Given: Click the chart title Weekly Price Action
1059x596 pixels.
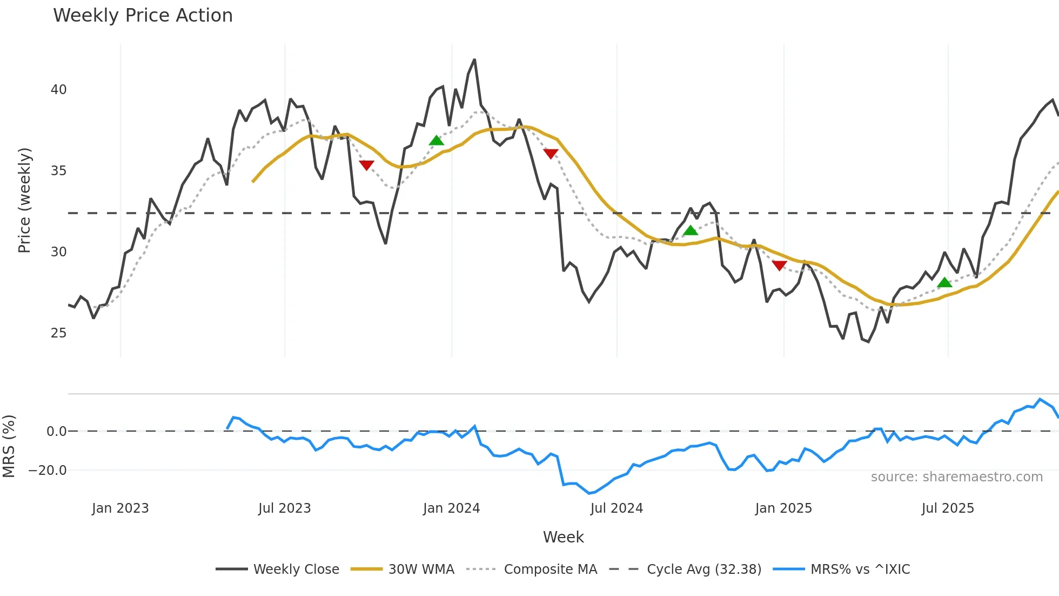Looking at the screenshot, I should [143, 16].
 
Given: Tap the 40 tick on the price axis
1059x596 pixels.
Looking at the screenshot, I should [58, 90].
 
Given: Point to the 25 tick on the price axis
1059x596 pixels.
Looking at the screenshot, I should [58, 333].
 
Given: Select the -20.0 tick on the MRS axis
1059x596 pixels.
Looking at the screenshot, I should [48, 471].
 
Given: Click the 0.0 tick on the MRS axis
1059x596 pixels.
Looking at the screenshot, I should [56, 432].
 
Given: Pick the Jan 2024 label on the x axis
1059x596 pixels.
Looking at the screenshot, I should [451, 508].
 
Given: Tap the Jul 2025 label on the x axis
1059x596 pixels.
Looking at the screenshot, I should [948, 508].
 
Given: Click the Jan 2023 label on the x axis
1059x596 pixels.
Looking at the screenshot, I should [120, 508].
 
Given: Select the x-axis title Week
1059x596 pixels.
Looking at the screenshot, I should [563, 537].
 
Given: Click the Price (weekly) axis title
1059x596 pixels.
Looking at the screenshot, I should [24, 200].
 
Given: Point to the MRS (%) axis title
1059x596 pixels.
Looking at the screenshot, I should [9, 446].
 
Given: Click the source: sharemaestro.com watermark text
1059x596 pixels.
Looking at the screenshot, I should [956, 477].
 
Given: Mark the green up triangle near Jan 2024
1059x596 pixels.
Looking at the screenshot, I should [437, 141].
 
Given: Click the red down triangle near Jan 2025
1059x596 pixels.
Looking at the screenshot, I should [779, 265].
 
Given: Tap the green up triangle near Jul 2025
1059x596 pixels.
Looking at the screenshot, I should [944, 283].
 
